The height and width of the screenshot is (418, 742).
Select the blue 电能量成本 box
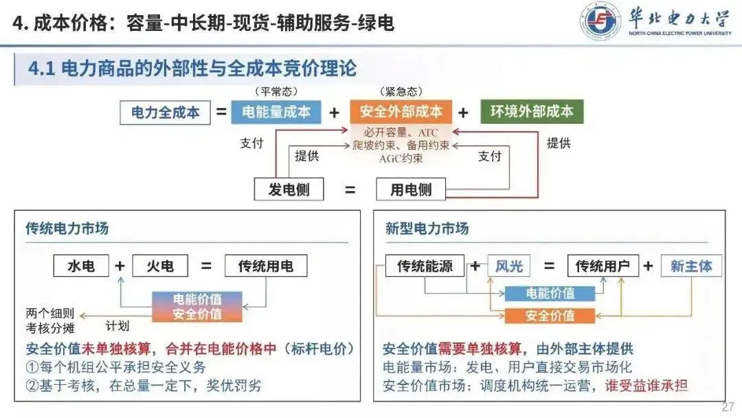(276, 112)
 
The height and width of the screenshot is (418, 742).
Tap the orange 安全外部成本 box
(401, 112)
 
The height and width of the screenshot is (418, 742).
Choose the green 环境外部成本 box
(532, 112)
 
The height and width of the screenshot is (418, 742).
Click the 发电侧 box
(289, 189)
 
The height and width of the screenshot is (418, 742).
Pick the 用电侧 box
(411, 189)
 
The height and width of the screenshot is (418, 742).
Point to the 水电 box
(81, 266)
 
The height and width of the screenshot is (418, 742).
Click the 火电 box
(160, 266)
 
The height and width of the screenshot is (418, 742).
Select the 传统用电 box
(266, 266)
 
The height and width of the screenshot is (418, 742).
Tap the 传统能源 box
(425, 266)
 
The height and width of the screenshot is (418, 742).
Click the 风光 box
(509, 266)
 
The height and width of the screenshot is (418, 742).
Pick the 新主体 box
(691, 266)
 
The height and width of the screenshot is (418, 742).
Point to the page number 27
(728, 407)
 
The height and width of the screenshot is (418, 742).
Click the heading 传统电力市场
(67, 228)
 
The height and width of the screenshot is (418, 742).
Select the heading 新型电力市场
(427, 228)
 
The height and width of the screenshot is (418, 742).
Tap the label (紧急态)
(401, 91)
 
